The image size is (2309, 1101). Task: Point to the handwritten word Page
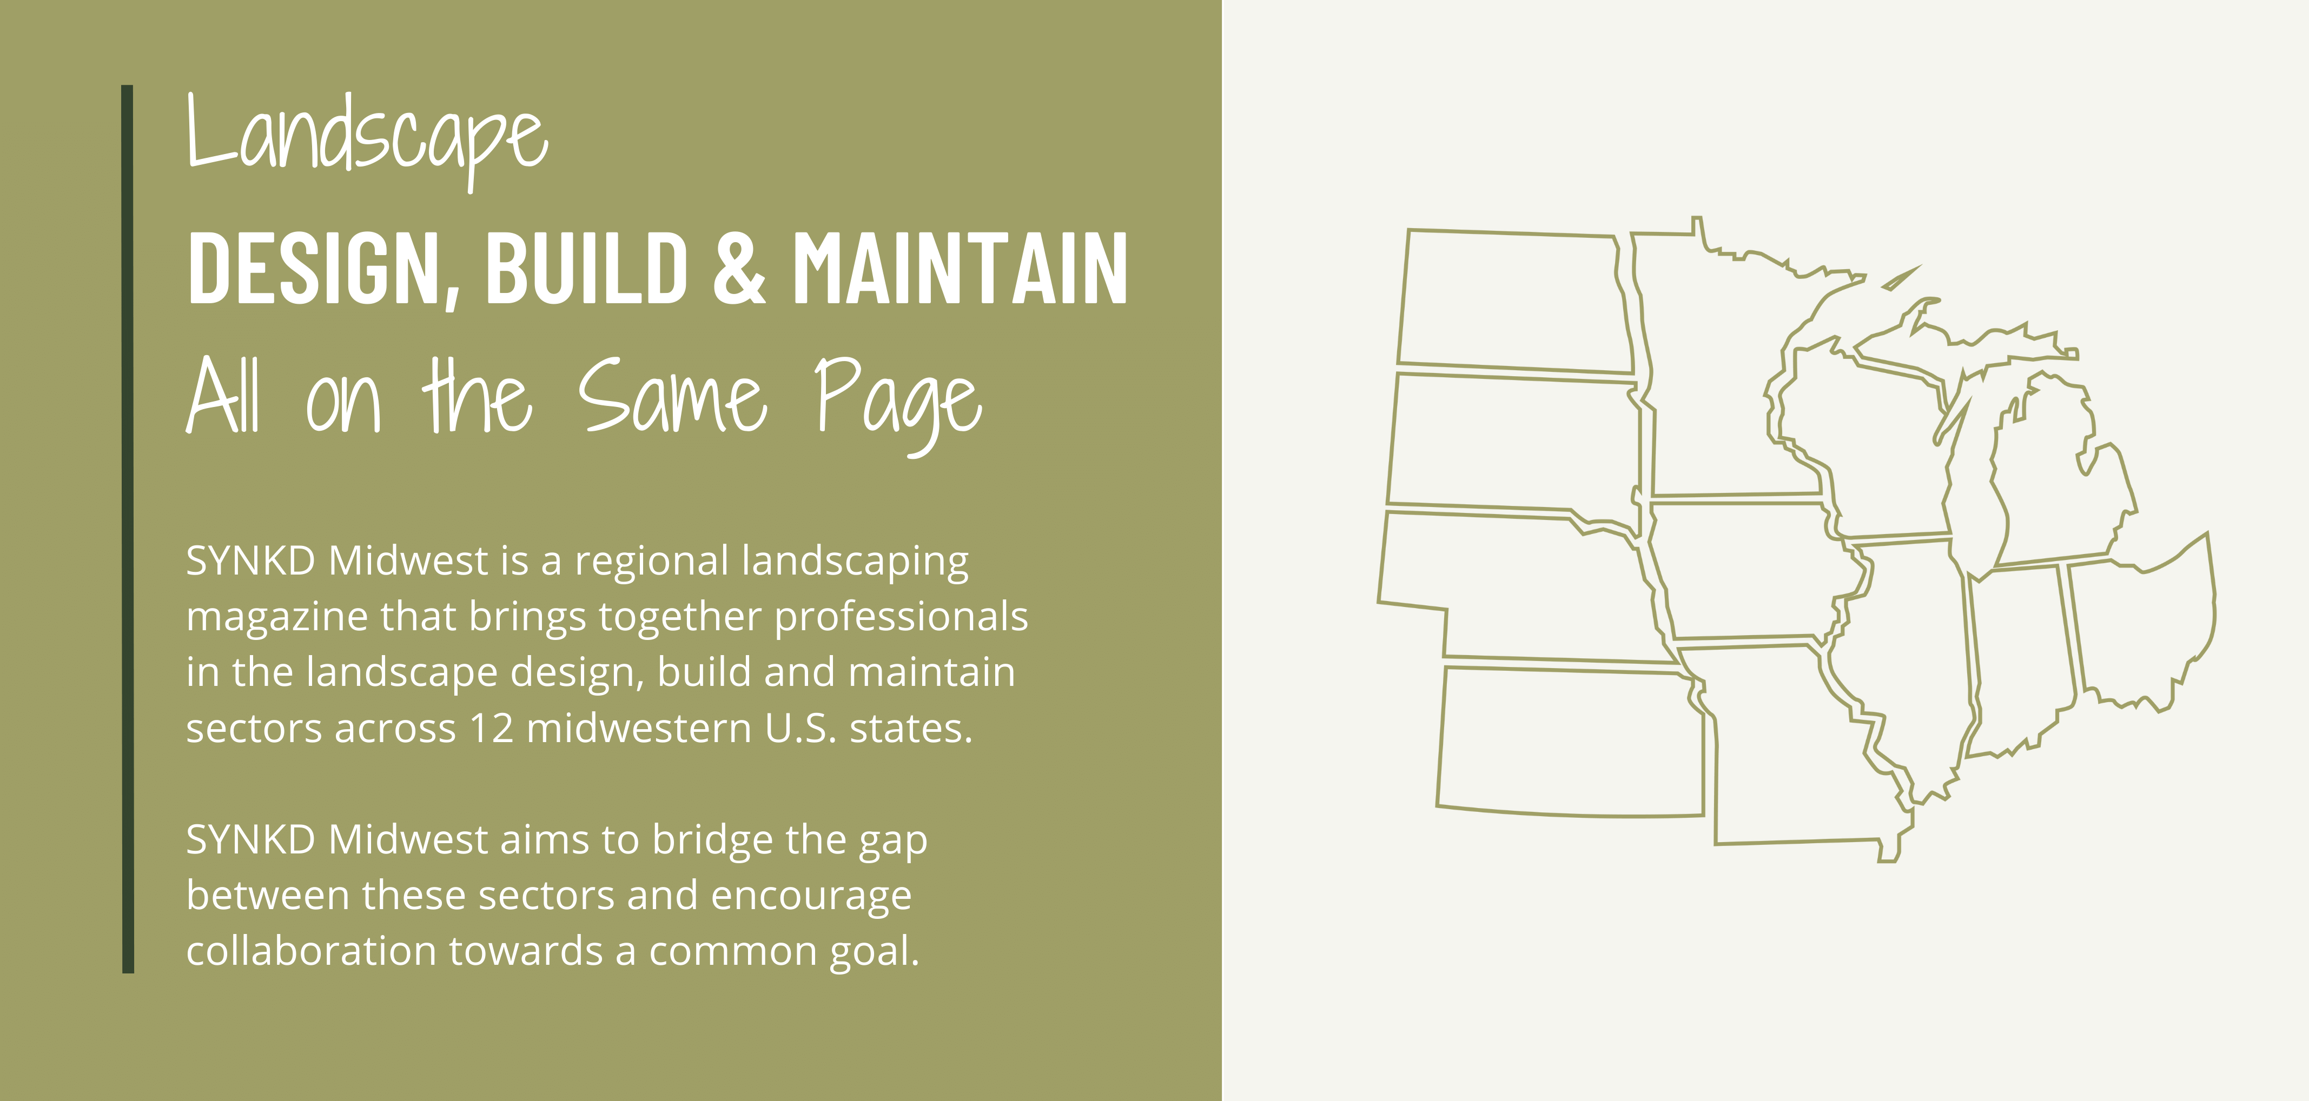coord(899,403)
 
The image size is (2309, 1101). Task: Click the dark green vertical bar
coord(127,529)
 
